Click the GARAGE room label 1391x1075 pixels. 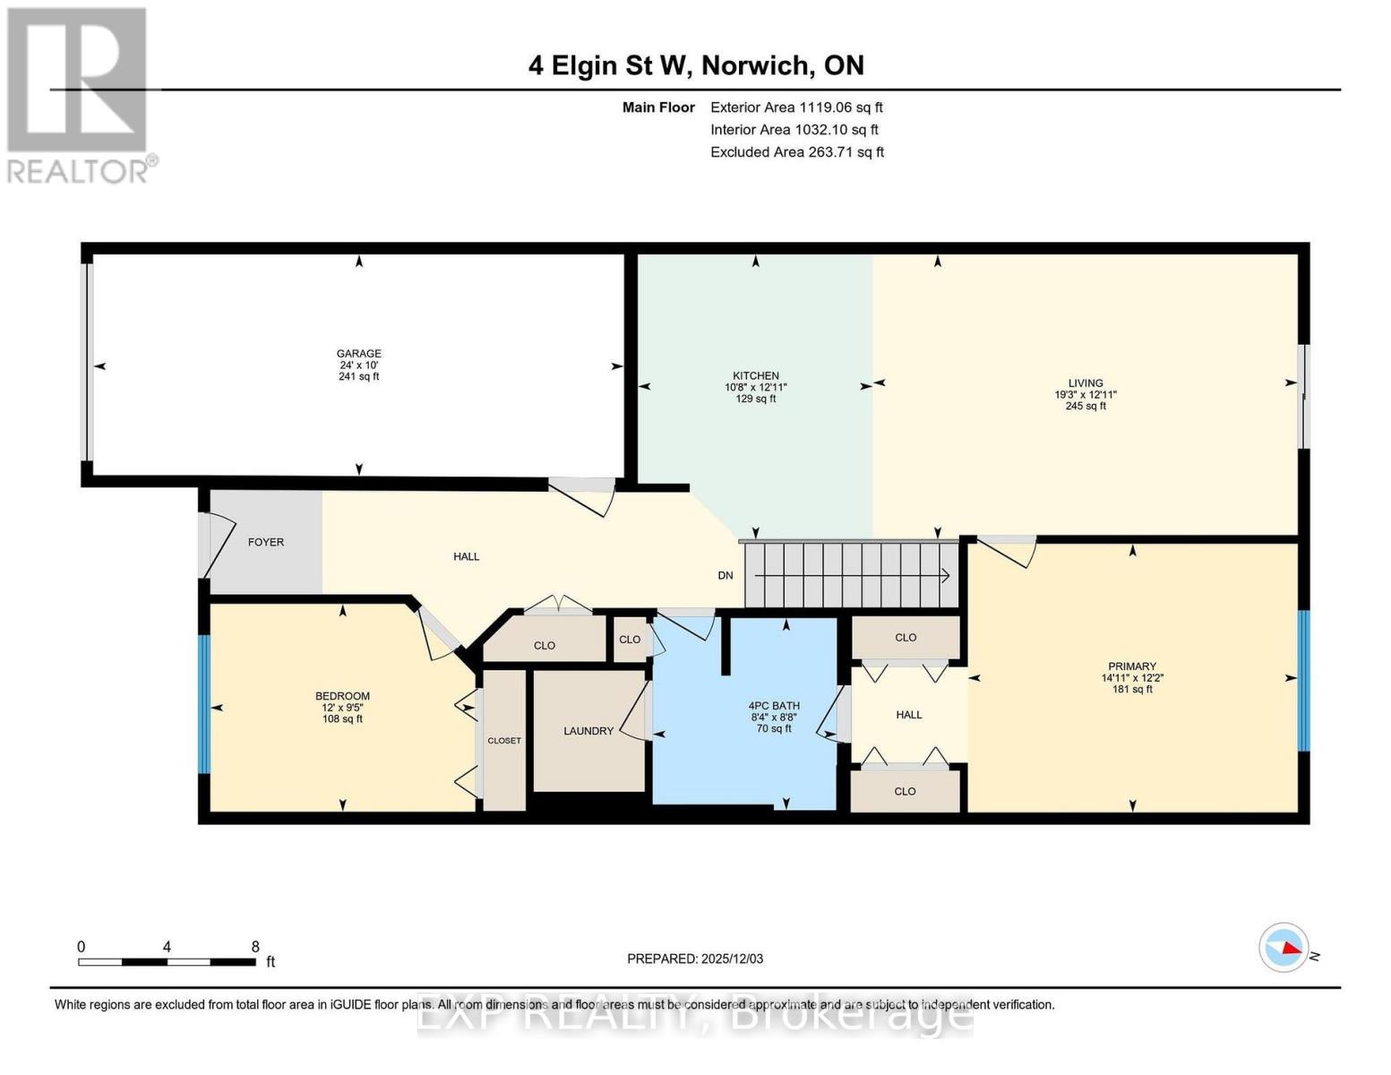[358, 354]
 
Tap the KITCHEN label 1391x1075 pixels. [755, 376]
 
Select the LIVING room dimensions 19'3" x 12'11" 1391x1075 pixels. [1085, 395]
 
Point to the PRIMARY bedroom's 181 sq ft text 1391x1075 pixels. [1131, 689]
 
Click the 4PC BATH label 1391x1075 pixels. [774, 706]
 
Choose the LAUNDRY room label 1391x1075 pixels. [588, 731]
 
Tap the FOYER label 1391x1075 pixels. [265, 542]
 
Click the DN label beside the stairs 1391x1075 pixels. [726, 575]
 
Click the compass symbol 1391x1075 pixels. [1284, 947]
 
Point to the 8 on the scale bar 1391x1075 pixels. [255, 947]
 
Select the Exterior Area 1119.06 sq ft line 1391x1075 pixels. [796, 107]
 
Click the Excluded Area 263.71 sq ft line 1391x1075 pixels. [796, 152]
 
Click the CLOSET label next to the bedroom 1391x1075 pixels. [504, 741]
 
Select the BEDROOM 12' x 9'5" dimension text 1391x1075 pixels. [342, 708]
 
